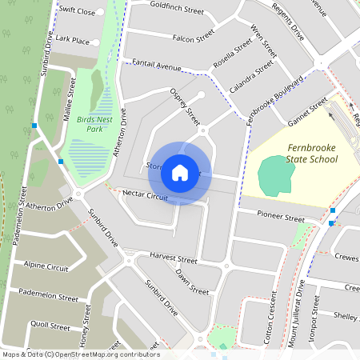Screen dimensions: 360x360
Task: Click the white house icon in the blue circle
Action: (180, 173)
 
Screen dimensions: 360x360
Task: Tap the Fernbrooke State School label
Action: (301, 154)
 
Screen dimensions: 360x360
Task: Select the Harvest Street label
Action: (173, 259)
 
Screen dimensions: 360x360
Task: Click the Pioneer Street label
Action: (282, 217)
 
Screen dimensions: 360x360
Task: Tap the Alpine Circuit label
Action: (46, 266)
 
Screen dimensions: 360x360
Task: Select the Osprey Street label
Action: (185, 105)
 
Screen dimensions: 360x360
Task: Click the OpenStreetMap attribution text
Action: (80, 354)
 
